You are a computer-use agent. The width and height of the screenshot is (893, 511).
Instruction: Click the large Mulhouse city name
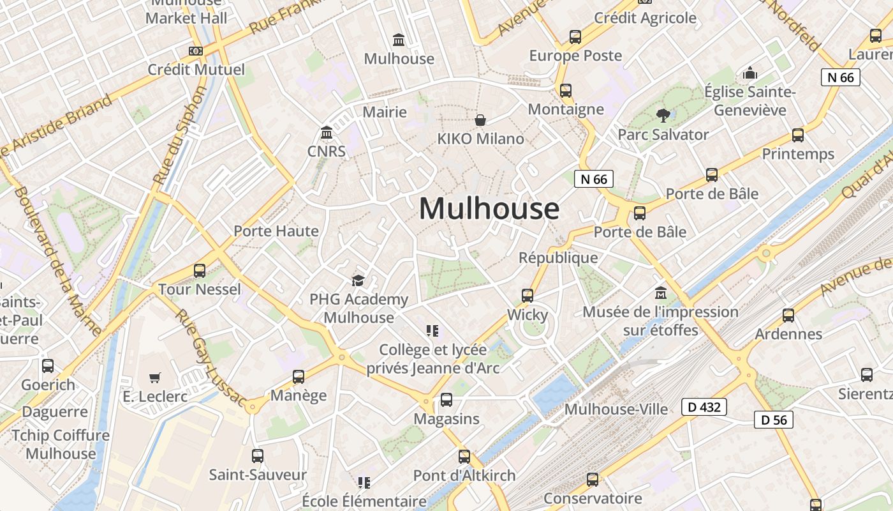[489, 209]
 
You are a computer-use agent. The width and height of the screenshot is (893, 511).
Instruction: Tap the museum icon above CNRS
[327, 133]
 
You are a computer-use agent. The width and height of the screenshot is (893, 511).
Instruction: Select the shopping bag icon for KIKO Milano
[480, 120]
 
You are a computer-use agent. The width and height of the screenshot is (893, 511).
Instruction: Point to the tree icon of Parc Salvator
[663, 116]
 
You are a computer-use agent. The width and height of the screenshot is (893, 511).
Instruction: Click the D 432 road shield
[704, 406]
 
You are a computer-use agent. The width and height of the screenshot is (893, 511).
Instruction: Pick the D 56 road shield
[774, 419]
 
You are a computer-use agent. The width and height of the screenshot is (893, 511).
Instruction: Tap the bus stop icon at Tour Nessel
[200, 271]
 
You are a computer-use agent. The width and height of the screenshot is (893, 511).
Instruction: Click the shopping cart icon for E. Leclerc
[155, 378]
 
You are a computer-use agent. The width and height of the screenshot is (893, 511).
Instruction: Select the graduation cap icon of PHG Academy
[358, 280]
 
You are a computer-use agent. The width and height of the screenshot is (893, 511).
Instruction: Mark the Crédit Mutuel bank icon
[196, 51]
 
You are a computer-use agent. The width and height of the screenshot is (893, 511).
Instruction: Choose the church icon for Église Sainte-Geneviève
[750, 73]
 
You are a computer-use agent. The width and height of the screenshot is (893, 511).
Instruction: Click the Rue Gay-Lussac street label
[210, 358]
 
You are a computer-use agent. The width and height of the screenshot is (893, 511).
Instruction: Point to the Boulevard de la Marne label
[57, 262]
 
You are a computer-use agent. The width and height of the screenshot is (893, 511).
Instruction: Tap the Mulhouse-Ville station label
[616, 409]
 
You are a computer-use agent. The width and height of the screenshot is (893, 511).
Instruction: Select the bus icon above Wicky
[528, 296]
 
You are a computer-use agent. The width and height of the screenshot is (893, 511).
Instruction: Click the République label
[558, 257]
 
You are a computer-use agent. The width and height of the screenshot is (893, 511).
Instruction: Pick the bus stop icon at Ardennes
[788, 315]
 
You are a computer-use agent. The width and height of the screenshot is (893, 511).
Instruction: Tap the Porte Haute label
[276, 231]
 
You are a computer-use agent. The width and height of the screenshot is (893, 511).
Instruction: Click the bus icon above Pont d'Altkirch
[464, 457]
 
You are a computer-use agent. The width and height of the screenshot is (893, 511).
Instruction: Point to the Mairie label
[385, 112]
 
